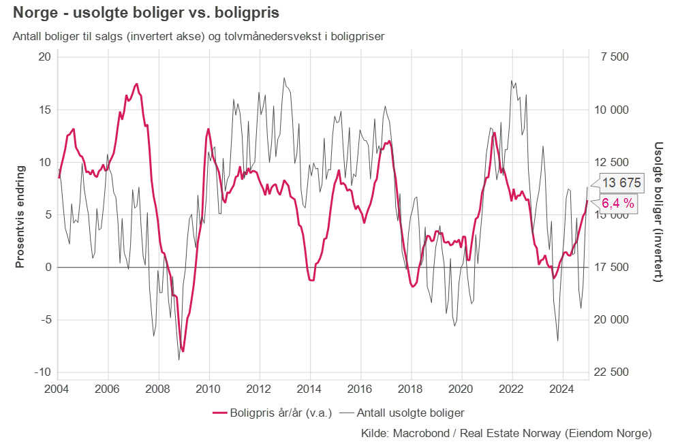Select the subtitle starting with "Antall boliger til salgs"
(198, 36)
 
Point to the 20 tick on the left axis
(44, 57)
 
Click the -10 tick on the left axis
(42, 372)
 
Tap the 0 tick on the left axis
(48, 268)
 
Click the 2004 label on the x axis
(57, 391)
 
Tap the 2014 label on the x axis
(310, 391)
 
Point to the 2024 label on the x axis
(562, 391)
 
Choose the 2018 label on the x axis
(411, 391)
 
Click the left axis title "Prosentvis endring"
(20, 216)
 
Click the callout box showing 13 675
(621, 182)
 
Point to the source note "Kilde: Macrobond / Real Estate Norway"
(506, 433)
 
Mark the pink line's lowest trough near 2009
(183, 351)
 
